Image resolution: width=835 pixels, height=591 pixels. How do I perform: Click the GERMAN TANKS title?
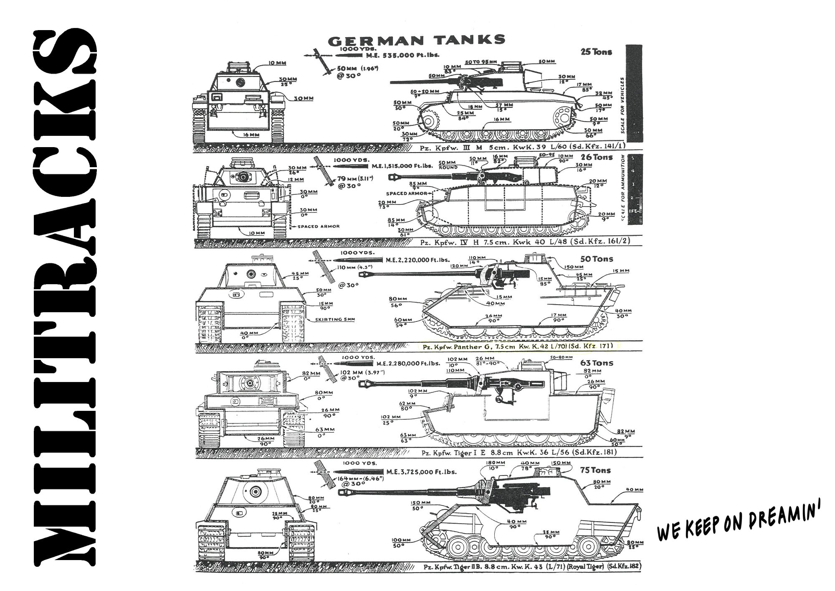416,40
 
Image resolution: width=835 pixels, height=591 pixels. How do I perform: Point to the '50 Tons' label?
597,259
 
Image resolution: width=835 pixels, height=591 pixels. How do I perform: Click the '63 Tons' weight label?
597,363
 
